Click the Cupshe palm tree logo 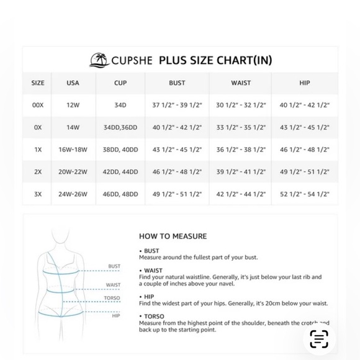tap(99, 60)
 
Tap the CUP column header tap(120, 83)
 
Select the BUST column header tap(177, 83)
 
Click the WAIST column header tap(241, 83)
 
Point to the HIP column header tap(304, 83)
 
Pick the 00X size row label tap(38, 106)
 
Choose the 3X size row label tap(38, 194)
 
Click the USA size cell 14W tap(73, 128)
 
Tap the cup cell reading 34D tap(120, 106)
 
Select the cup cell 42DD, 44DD tap(120, 172)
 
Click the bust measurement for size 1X tap(177, 150)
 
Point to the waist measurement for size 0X tap(241, 128)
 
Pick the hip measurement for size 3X tap(304, 194)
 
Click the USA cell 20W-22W tap(73, 172)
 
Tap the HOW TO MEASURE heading tap(173, 236)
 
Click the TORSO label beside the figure tap(112, 299)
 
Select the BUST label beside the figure tap(114, 266)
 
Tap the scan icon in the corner tap(319, 339)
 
